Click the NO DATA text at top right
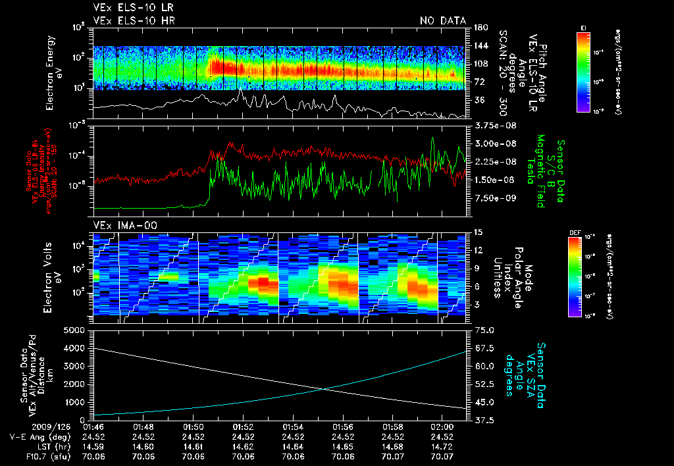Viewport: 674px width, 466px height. click(443, 20)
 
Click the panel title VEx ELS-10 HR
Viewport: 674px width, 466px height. click(134, 20)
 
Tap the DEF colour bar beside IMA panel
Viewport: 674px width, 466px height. click(575, 276)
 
